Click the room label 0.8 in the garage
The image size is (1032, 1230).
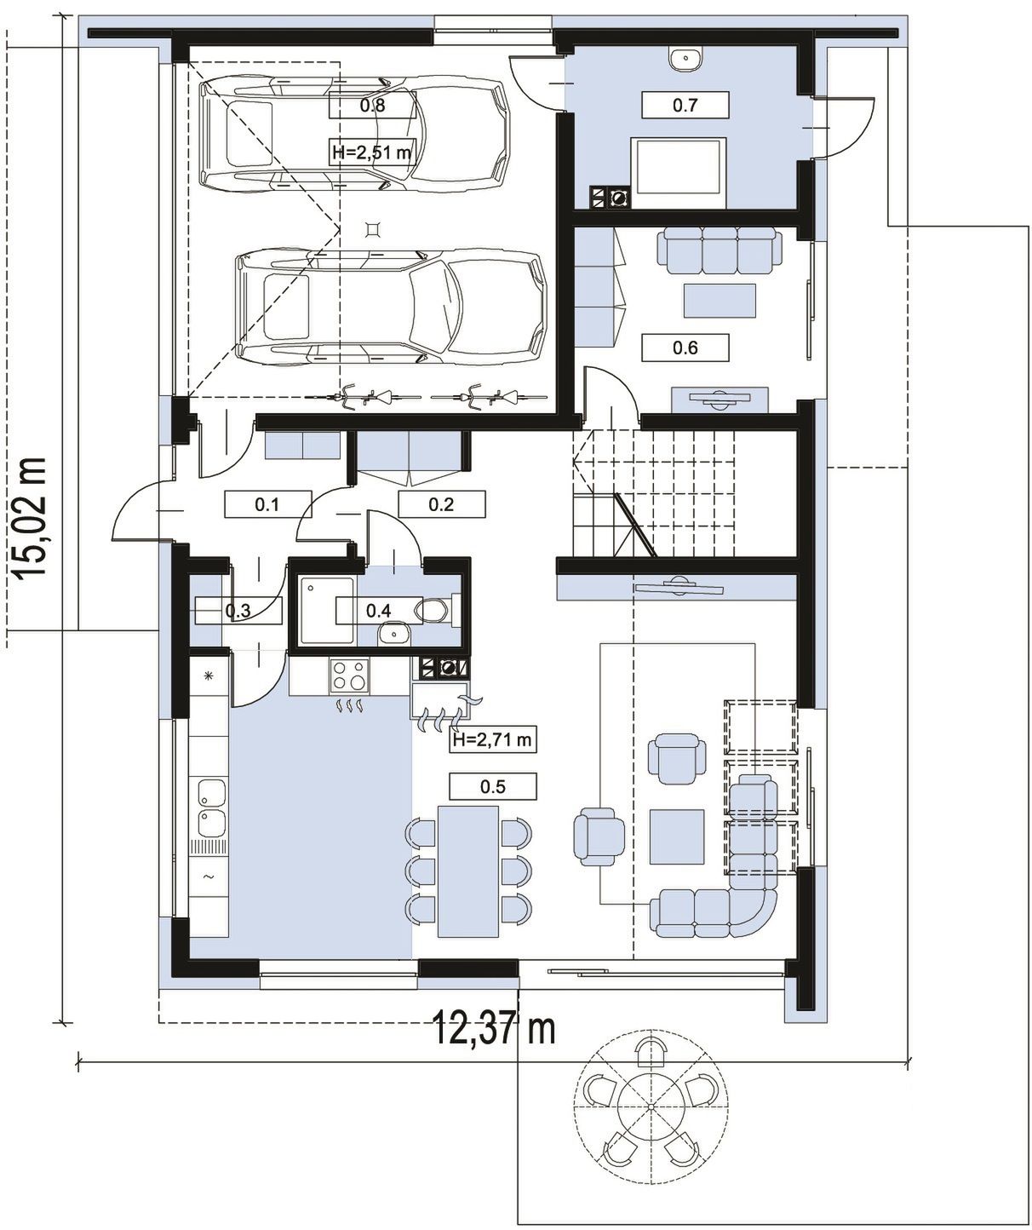(372, 106)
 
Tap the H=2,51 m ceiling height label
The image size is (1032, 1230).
(372, 152)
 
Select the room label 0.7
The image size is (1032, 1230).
(685, 105)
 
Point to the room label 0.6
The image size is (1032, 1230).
(685, 348)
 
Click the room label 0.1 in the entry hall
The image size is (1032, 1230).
(267, 504)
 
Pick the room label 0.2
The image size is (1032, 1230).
(441, 504)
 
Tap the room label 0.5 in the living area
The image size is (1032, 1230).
(493, 786)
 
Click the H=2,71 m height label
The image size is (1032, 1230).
(493, 739)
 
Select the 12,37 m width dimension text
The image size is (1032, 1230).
(495, 1028)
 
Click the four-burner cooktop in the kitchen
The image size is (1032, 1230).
(350, 675)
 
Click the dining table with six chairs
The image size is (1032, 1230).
(468, 871)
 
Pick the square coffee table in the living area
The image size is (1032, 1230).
(678, 836)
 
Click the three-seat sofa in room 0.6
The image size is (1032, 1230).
(720, 250)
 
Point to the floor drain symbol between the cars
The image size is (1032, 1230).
(372, 228)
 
